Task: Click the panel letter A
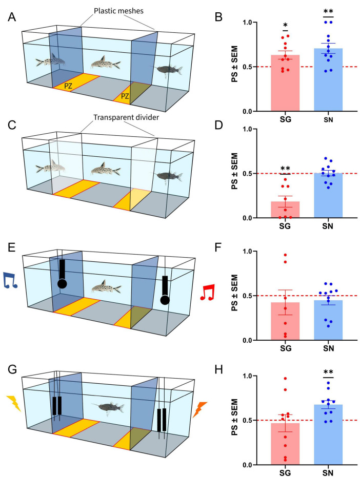[11, 16]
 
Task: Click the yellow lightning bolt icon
[13, 403]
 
